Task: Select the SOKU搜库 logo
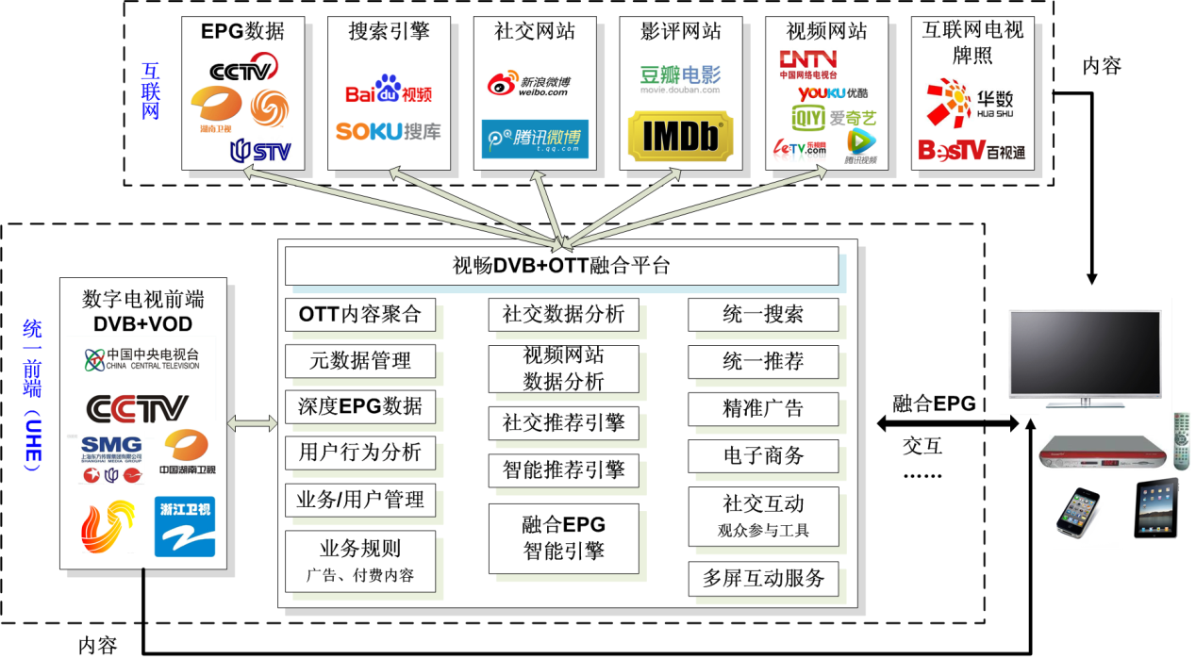click(x=388, y=131)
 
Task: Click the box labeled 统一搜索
click(x=762, y=315)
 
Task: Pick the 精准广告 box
click(x=762, y=408)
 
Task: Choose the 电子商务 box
click(x=762, y=455)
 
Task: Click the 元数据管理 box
click(x=360, y=360)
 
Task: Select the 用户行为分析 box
click(x=360, y=452)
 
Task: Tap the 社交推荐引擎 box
click(x=563, y=423)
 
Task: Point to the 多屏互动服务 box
click(x=762, y=578)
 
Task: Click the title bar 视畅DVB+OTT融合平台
click(x=561, y=266)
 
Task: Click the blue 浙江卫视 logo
click(x=185, y=526)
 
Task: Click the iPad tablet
click(x=1156, y=508)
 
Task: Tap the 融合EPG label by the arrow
click(x=934, y=404)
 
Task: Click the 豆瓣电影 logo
click(x=679, y=76)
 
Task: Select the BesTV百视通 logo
click(x=971, y=150)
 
